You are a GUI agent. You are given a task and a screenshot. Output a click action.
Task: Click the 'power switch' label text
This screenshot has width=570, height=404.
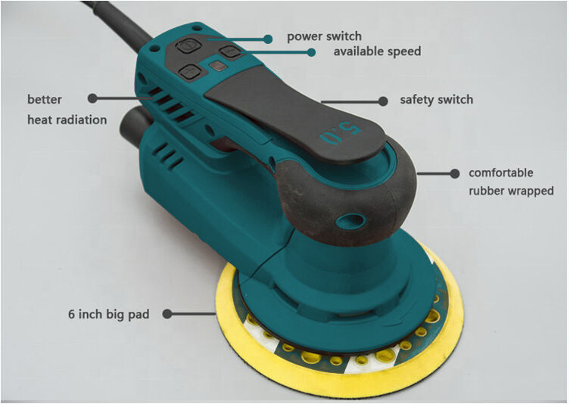pyautogui.click(x=324, y=37)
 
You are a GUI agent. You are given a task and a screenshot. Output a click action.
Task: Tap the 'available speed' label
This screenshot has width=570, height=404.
pyautogui.click(x=377, y=51)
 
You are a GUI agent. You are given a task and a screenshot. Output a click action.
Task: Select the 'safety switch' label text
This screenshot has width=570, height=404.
pyautogui.click(x=437, y=100)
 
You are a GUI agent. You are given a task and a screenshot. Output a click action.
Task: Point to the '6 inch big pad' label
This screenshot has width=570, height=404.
pyautogui.click(x=109, y=314)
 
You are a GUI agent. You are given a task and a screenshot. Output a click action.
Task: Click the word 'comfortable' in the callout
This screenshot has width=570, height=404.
pyautogui.click(x=501, y=172)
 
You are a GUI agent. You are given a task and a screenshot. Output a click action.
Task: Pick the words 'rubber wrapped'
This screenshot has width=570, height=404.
pyautogui.click(x=511, y=191)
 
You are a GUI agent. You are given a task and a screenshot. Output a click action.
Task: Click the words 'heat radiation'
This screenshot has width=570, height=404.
pyautogui.click(x=67, y=120)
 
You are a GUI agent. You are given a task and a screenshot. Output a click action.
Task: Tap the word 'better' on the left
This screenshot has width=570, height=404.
pyautogui.click(x=45, y=100)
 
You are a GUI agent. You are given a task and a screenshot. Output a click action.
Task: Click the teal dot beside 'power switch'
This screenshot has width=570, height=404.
pyautogui.click(x=268, y=39)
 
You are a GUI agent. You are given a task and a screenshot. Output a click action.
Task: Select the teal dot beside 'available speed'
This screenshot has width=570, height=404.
pyautogui.click(x=311, y=52)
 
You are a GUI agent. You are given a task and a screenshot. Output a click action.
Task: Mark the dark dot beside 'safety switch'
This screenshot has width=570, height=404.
pyautogui.click(x=383, y=101)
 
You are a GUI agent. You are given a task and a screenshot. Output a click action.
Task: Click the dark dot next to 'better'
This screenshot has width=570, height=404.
pyautogui.click(x=92, y=98)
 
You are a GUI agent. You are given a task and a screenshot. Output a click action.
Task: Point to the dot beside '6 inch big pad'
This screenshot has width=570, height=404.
pyautogui.click(x=167, y=314)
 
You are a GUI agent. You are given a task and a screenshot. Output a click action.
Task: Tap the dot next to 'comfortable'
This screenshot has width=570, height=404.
pyautogui.click(x=454, y=174)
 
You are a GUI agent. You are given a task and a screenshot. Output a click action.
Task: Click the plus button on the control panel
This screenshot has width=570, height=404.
pyautogui.click(x=190, y=72)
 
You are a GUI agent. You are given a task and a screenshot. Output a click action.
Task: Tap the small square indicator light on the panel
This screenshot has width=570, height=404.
pyautogui.click(x=218, y=66)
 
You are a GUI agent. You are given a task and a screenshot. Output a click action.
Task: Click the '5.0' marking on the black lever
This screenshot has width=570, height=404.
pyautogui.click(x=341, y=134)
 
